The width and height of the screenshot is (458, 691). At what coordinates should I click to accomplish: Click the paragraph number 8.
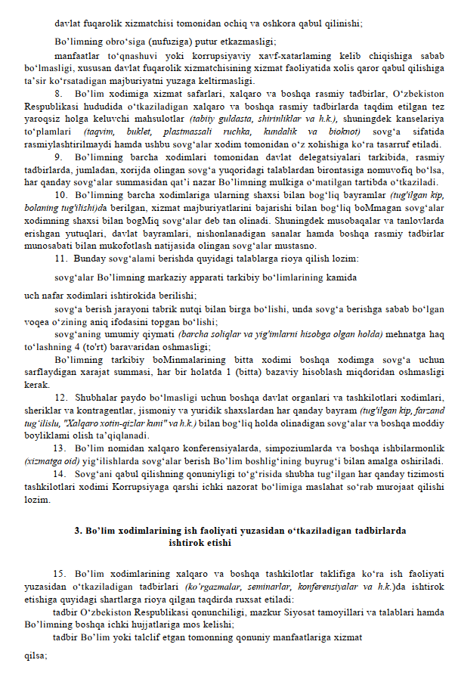[x=58, y=93]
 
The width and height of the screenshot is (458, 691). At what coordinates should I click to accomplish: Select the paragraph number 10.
[x=60, y=194]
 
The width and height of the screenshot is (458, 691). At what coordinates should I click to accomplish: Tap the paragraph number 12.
[x=60, y=397]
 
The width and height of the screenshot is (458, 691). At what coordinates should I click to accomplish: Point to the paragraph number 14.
[x=60, y=473]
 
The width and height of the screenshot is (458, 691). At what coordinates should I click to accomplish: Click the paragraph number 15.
[x=60, y=576]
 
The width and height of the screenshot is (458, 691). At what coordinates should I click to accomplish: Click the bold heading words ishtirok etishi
[x=200, y=542]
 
